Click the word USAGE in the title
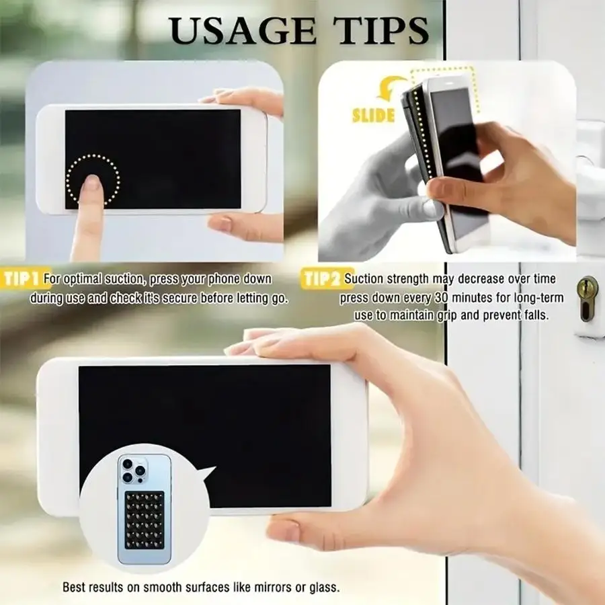[243, 31]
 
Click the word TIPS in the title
[382, 31]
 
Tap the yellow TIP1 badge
[22, 278]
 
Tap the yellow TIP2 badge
[323, 278]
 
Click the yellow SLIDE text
[374, 116]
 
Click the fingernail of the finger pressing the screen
[92, 182]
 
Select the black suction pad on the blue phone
[145, 520]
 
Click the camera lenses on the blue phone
[132, 471]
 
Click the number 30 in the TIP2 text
[442, 298]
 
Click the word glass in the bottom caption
[325, 587]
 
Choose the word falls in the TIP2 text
[536, 315]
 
